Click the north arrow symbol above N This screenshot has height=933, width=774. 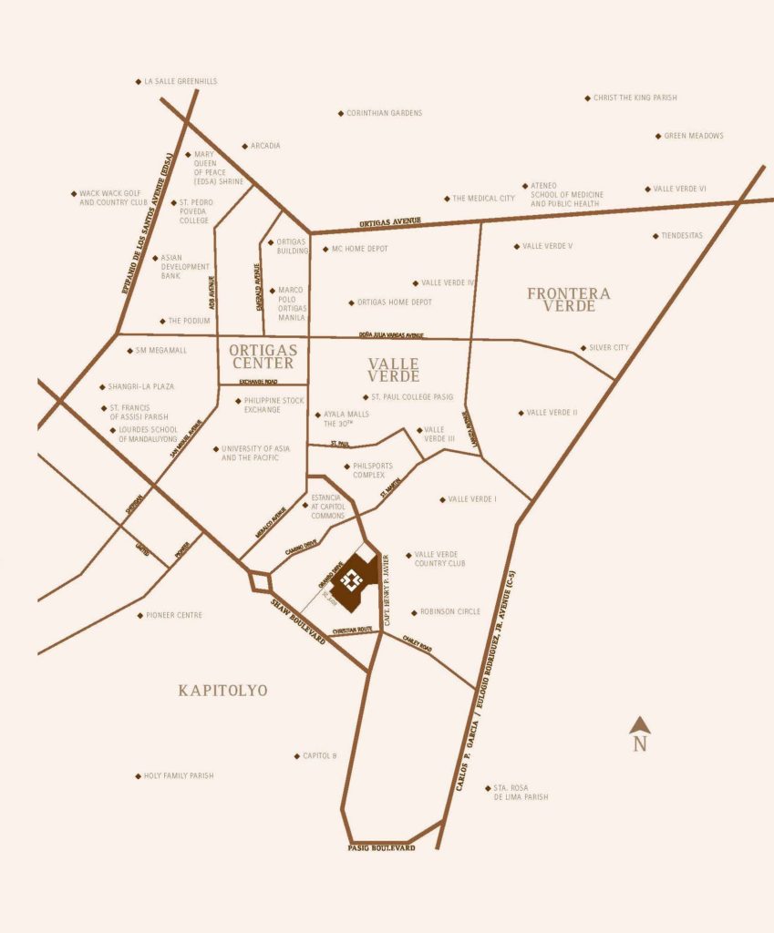pyautogui.click(x=640, y=725)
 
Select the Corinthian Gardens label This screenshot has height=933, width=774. pyautogui.click(x=384, y=113)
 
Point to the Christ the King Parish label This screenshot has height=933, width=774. pyautogui.click(x=635, y=97)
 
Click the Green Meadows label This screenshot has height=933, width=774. pyautogui.click(x=693, y=136)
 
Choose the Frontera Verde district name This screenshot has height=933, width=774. pyautogui.click(x=569, y=299)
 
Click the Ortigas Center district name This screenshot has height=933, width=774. pyautogui.click(x=262, y=355)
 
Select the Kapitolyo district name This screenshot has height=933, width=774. pyautogui.click(x=222, y=691)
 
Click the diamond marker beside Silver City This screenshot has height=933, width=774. pyautogui.click(x=583, y=348)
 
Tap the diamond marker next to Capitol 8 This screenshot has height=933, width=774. pyautogui.click(x=296, y=756)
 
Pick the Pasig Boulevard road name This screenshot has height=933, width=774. pyautogui.click(x=381, y=847)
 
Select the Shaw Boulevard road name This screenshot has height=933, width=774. pyautogui.click(x=299, y=622)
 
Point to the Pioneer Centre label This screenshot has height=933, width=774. pyautogui.click(x=174, y=615)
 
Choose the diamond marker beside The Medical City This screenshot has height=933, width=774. pyautogui.click(x=447, y=199)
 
